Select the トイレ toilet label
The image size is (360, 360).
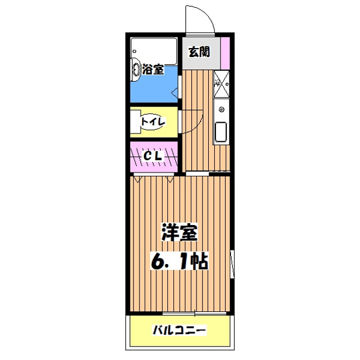click(154, 121)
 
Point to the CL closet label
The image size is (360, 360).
click(153, 156)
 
